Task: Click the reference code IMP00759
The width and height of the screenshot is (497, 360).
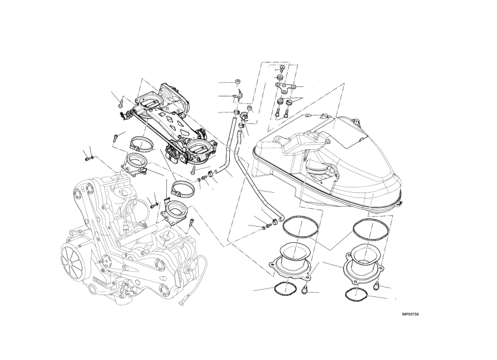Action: [411, 314]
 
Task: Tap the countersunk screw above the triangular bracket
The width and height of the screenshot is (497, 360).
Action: [282, 68]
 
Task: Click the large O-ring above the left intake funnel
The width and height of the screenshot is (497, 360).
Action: [300, 226]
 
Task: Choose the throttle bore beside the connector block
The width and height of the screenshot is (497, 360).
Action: [200, 148]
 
